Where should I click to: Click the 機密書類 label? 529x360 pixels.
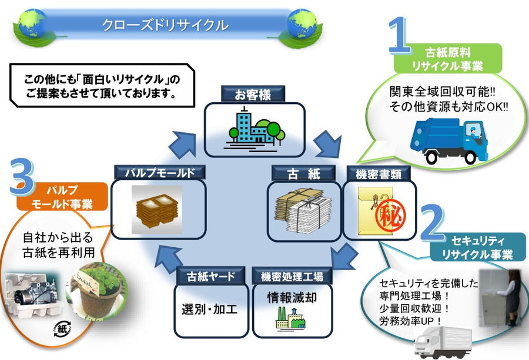(x=374, y=174)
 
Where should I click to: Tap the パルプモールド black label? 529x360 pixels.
(x=159, y=173)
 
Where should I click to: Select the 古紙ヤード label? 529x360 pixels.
(x=210, y=275)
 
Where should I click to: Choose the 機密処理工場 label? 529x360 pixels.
(x=292, y=275)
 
